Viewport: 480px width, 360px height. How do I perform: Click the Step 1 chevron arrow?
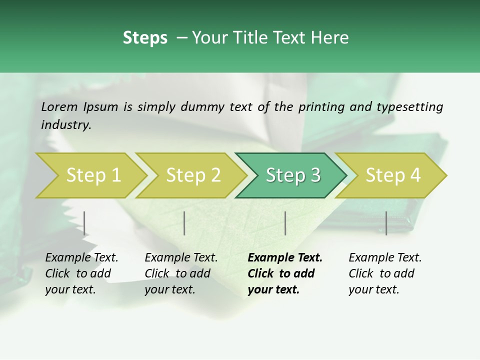click(92, 175)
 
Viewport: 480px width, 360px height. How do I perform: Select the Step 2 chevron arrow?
click(193, 175)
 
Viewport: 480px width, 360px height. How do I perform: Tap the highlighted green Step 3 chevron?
click(292, 175)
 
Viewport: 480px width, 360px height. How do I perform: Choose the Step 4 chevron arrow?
click(393, 175)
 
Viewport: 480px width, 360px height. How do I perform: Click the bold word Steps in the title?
click(145, 38)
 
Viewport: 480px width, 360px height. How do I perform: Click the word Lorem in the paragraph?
click(59, 106)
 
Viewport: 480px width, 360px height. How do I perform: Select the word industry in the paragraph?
click(65, 124)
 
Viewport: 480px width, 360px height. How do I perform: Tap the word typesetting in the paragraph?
click(409, 106)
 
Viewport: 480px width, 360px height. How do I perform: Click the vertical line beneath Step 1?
click(84, 223)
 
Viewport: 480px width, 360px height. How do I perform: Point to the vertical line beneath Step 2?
click(184, 223)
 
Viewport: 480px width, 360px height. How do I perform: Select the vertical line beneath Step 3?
click(285, 223)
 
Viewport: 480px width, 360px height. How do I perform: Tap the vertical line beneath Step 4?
click(386, 223)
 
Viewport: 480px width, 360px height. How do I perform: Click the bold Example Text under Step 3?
click(285, 257)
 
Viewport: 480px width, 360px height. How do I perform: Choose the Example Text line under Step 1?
click(81, 257)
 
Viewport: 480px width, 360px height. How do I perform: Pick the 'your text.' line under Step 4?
click(373, 289)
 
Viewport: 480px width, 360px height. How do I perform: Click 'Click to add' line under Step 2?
click(177, 273)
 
